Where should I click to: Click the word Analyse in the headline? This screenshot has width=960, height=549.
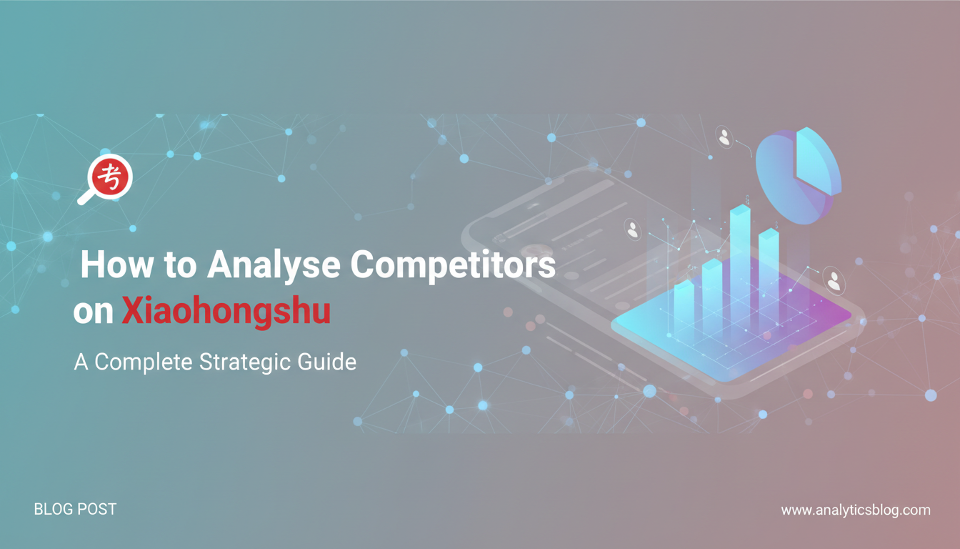(x=274, y=264)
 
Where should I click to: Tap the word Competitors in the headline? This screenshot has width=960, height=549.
(x=453, y=264)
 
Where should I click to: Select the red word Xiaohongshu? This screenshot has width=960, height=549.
(x=226, y=310)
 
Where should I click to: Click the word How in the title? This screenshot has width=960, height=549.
(x=117, y=264)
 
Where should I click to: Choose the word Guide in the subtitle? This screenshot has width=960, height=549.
(x=327, y=362)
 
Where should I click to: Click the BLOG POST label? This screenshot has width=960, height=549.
(x=75, y=509)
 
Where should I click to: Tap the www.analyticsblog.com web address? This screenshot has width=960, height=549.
(x=856, y=510)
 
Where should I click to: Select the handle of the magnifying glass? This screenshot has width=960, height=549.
(x=86, y=197)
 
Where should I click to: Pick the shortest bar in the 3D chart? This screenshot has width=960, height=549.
(x=684, y=305)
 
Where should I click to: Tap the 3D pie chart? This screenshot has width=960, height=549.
(x=798, y=176)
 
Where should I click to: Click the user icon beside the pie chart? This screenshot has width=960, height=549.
(x=724, y=138)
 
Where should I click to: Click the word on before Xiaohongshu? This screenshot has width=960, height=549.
(x=94, y=312)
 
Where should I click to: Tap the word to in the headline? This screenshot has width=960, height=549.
(x=181, y=265)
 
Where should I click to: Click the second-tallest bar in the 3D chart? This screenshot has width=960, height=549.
(x=769, y=274)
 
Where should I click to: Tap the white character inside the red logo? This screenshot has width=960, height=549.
(x=110, y=177)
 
